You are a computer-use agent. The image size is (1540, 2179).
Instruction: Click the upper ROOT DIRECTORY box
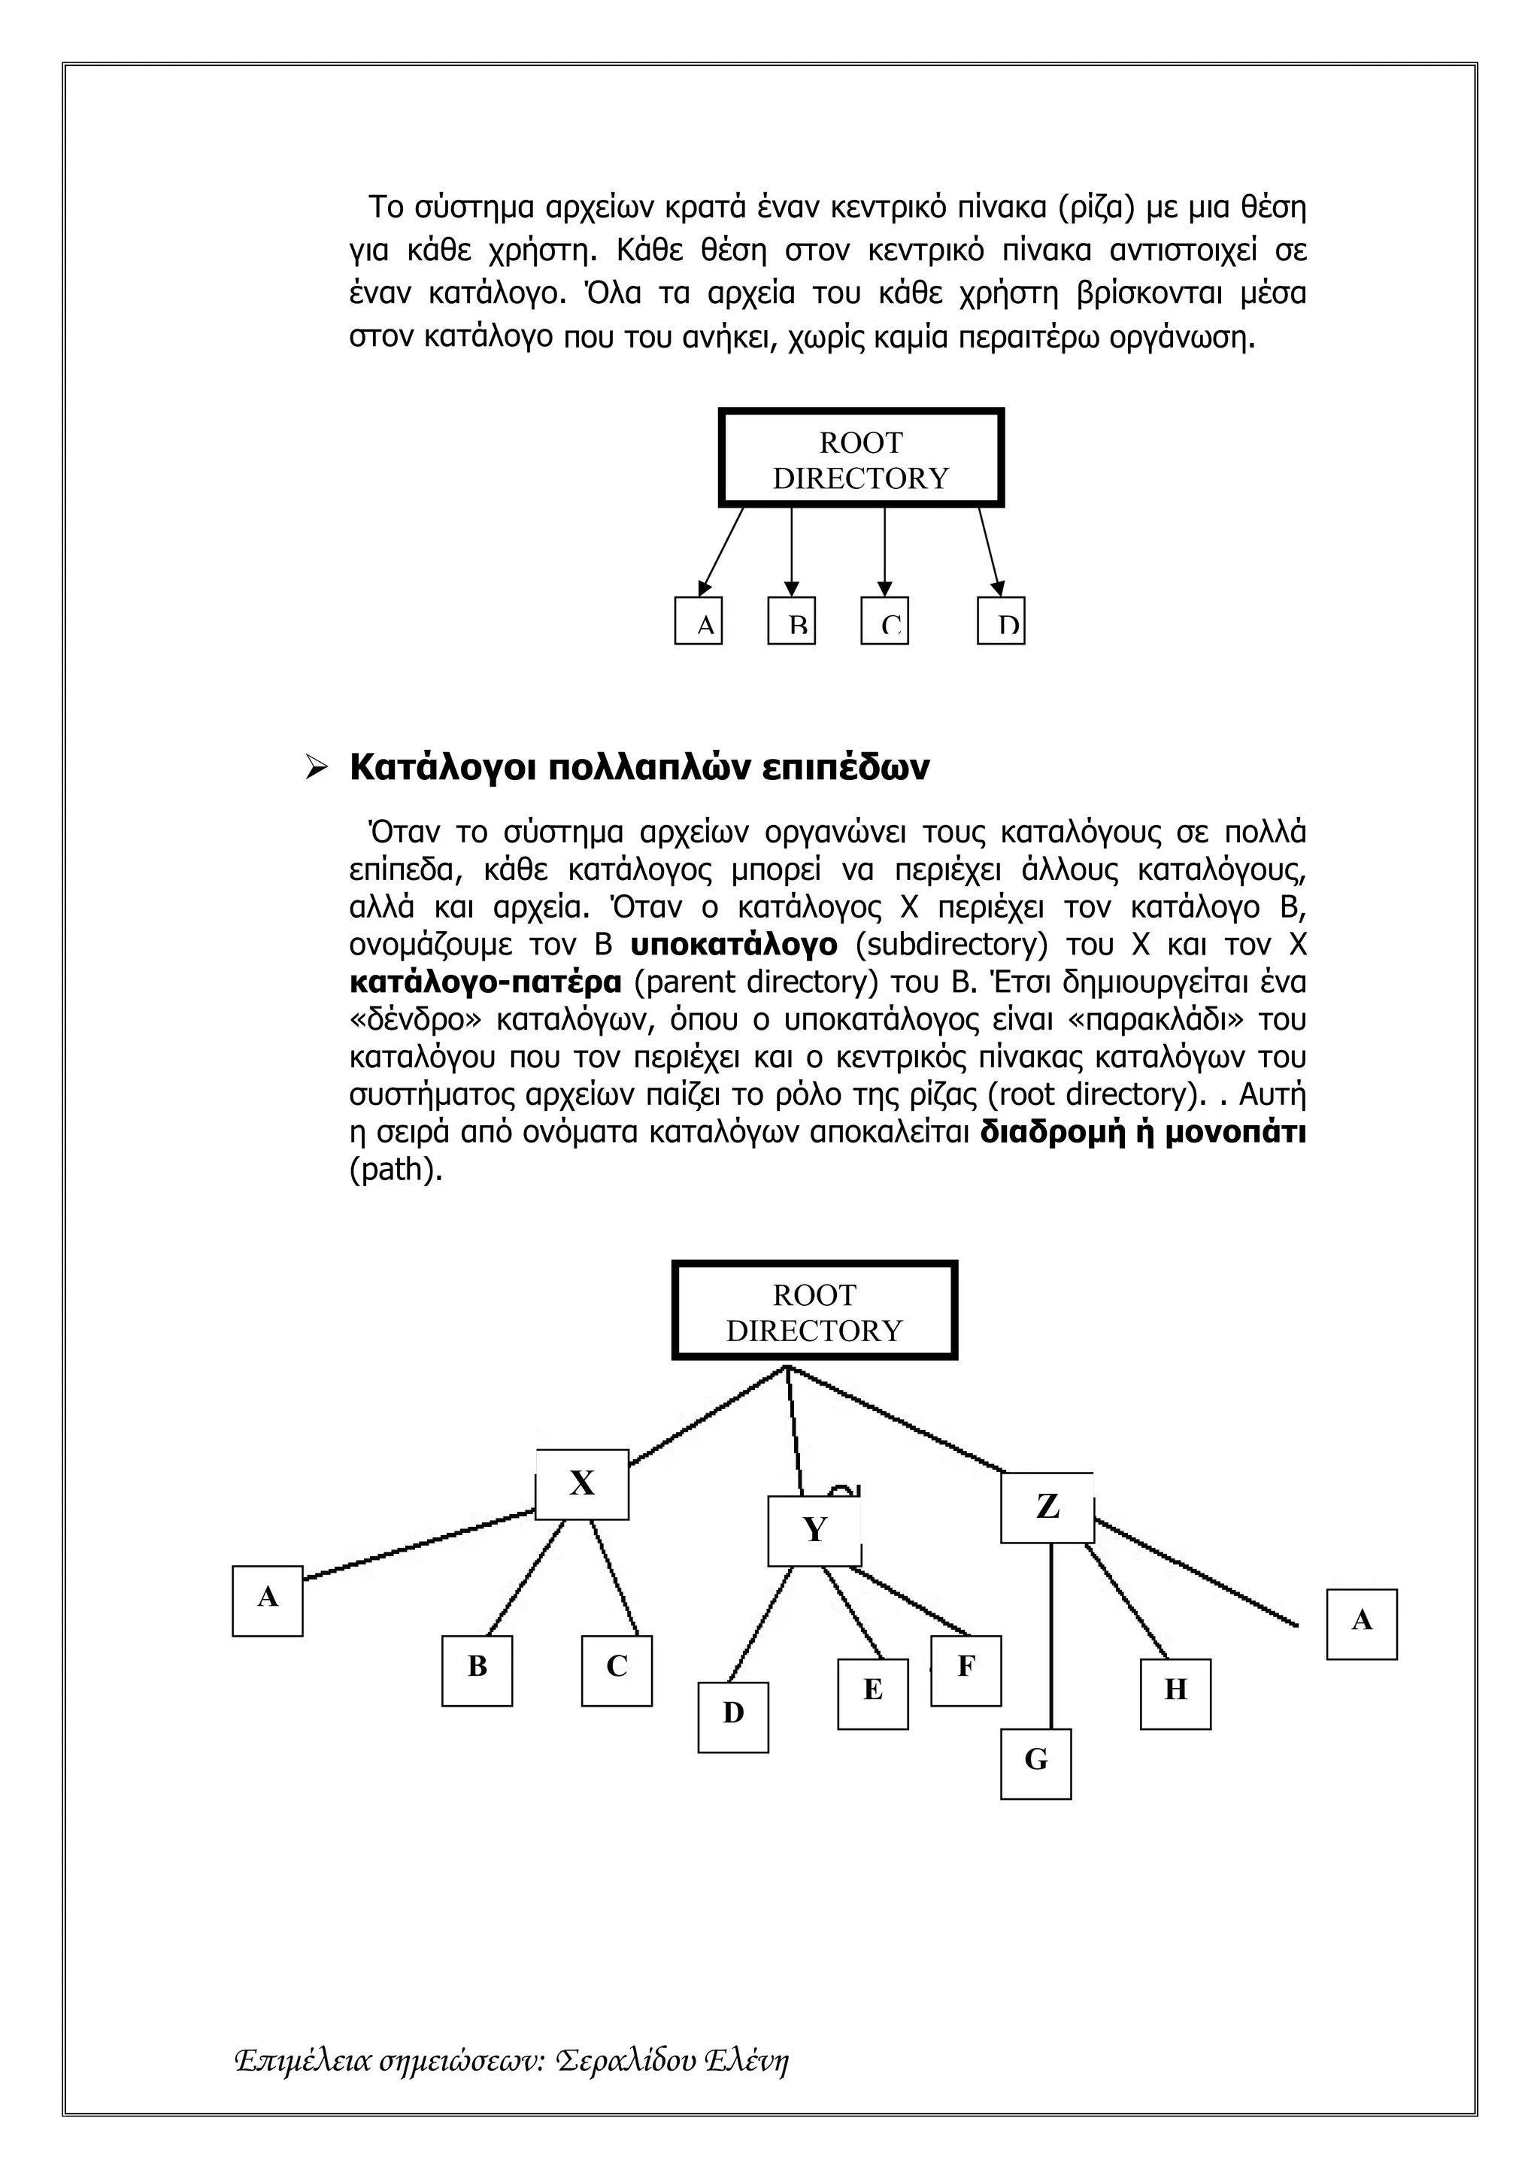coord(861,458)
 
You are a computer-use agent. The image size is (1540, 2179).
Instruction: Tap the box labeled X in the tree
coord(582,1483)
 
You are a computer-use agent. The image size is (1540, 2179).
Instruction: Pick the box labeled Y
coord(814,1530)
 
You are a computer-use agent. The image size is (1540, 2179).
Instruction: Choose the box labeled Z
coord(1047,1507)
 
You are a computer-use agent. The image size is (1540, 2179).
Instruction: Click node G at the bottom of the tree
coord(1035,1763)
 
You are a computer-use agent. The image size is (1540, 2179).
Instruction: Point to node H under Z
coord(1175,1693)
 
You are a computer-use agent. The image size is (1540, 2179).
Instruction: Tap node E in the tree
coord(872,1693)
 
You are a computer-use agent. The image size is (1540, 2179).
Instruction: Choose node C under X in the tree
coord(617,1671)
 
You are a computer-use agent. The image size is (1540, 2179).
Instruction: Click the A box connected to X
coord(268,1600)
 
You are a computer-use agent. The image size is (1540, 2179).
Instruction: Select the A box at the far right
coord(1361,1624)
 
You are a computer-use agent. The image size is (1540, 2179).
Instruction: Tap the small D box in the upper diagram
coord(1000,621)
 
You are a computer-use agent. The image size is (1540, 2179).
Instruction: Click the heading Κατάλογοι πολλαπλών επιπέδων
coord(639,767)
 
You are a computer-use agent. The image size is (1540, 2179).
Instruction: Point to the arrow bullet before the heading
coord(316,767)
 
